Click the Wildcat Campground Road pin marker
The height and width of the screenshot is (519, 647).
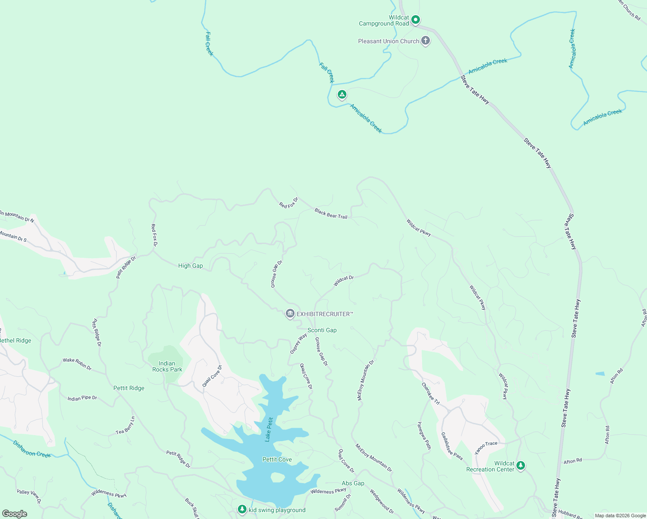416,19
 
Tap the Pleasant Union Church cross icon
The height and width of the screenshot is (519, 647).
426,41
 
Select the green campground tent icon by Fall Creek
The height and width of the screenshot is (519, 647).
342,94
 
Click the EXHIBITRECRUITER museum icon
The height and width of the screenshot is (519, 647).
290,314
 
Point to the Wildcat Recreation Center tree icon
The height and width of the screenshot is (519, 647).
521,465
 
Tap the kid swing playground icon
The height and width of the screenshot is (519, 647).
242,509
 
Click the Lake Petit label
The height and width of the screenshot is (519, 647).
269,429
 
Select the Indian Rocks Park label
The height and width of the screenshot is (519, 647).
167,366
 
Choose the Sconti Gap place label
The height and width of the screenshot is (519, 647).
322,330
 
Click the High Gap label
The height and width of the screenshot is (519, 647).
190,266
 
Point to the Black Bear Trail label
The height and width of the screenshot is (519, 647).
331,213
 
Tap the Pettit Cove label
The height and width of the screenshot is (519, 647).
277,459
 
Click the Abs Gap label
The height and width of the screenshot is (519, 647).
353,483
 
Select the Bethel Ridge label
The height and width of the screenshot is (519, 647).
16,340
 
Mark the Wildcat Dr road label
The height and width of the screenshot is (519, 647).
344,281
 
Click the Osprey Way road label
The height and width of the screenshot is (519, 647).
298,344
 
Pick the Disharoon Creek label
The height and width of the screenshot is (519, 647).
32,449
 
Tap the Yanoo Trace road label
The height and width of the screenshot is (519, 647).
486,447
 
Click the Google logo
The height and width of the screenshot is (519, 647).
14,513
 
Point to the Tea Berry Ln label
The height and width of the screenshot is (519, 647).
125,426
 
